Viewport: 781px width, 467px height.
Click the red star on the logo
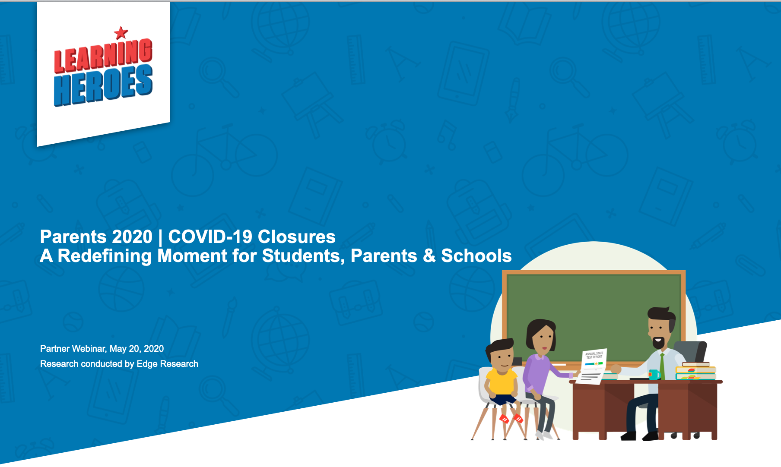coord(121,32)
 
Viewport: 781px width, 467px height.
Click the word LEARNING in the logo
coord(103,56)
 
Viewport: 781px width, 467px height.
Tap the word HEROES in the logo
coord(103,85)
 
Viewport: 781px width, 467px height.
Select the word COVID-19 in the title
coord(210,237)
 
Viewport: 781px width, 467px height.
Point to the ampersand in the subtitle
coord(429,256)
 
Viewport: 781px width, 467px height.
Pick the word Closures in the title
coord(296,237)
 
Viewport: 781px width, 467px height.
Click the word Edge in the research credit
coord(147,364)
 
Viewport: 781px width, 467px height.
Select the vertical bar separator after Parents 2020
coord(160,237)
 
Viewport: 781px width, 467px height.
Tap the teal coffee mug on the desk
coord(654,374)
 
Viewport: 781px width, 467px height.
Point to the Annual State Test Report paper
coord(594,365)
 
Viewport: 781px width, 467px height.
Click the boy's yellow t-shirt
coord(501,381)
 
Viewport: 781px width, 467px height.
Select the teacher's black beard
coord(658,343)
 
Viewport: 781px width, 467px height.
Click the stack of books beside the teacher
coord(695,371)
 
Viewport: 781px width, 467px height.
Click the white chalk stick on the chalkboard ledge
coord(559,365)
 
